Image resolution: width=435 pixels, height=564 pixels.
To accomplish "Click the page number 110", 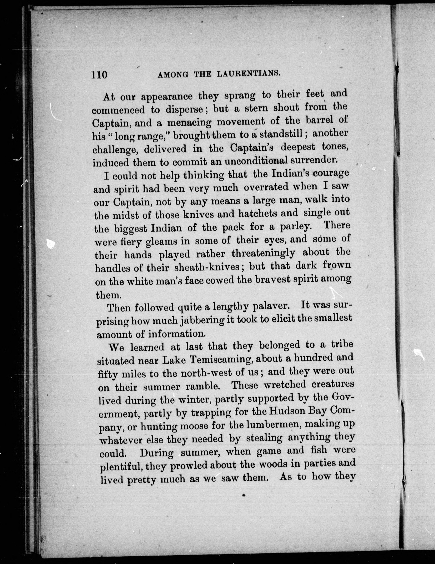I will coord(99,75).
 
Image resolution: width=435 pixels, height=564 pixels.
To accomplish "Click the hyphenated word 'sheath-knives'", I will coord(206,267).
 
